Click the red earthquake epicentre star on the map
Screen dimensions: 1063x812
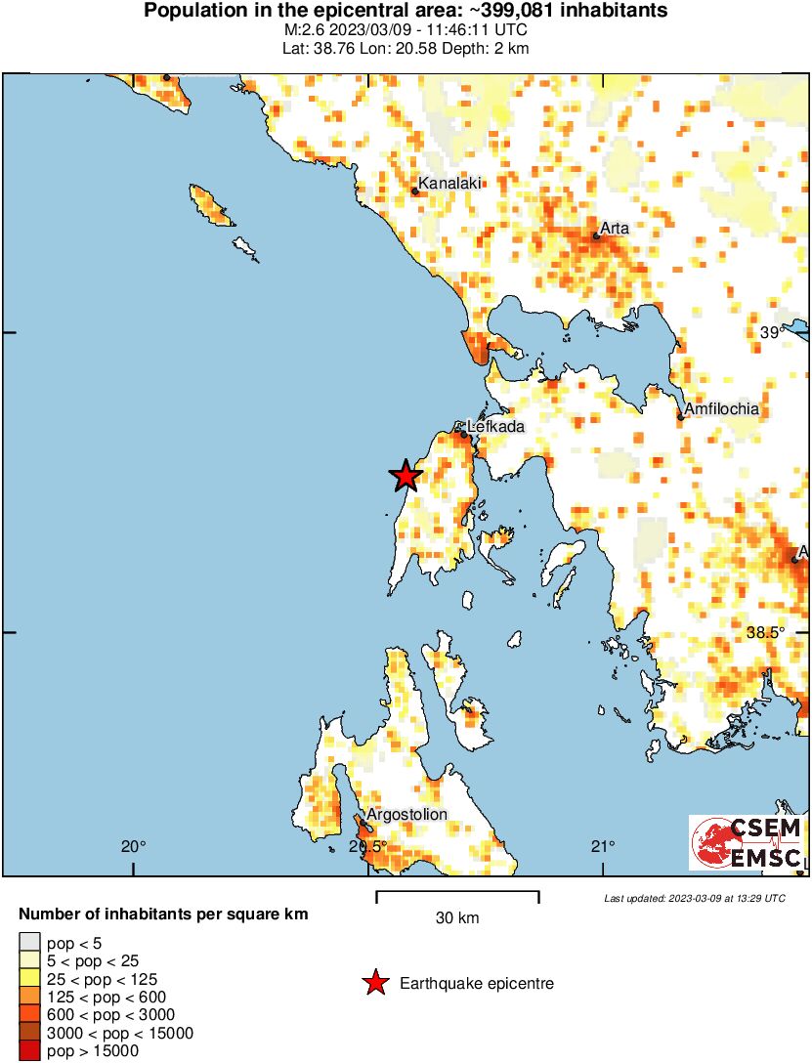click(x=406, y=476)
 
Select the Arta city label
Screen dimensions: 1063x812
click(x=615, y=228)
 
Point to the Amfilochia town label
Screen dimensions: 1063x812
click(x=721, y=409)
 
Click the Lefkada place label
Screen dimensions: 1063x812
click(x=496, y=427)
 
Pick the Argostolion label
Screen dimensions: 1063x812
click(x=406, y=814)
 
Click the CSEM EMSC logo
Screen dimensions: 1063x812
click(x=748, y=843)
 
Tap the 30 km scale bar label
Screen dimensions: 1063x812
click(x=457, y=918)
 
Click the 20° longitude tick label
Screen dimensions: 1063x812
click(x=134, y=846)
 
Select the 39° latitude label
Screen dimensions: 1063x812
click(x=773, y=333)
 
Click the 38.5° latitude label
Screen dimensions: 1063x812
click(x=766, y=632)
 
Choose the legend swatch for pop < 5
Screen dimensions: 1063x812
click(x=29, y=943)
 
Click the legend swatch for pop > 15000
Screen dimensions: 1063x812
click(x=29, y=1051)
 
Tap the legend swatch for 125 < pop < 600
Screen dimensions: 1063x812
click(x=29, y=997)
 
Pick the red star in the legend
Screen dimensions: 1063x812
click(x=374, y=983)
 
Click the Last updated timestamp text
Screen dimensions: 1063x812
click(x=694, y=898)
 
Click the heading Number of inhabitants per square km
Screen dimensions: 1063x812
click(x=164, y=914)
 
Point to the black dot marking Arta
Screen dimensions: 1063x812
click(x=596, y=236)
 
